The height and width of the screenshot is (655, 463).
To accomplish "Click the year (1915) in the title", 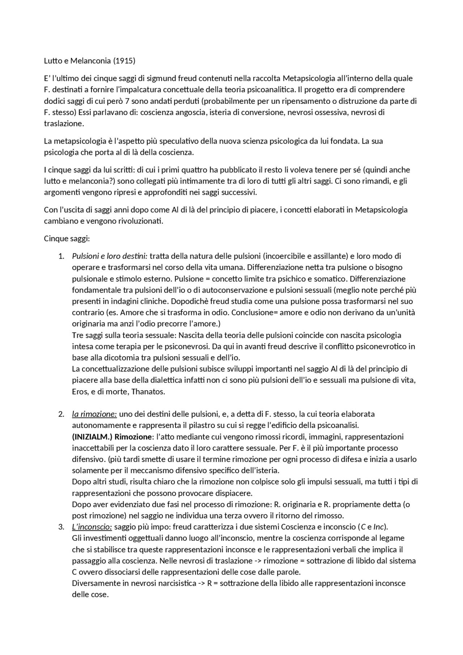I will click(x=124, y=61).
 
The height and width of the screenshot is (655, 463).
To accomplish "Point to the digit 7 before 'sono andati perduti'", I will click(x=127, y=101).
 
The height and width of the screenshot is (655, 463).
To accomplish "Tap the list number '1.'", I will click(x=61, y=256).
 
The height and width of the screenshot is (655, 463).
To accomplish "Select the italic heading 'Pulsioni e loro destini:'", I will click(x=110, y=256).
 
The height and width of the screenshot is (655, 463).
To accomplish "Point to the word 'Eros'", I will click(x=80, y=392).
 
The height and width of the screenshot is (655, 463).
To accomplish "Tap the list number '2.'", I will click(x=61, y=414).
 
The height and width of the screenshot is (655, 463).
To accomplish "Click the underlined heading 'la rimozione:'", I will click(x=94, y=414).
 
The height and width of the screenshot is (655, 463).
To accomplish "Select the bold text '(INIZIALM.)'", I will click(x=92, y=437).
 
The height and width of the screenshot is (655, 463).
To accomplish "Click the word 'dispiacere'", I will click(x=234, y=493).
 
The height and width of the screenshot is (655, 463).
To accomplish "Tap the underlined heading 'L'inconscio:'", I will click(x=92, y=527).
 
